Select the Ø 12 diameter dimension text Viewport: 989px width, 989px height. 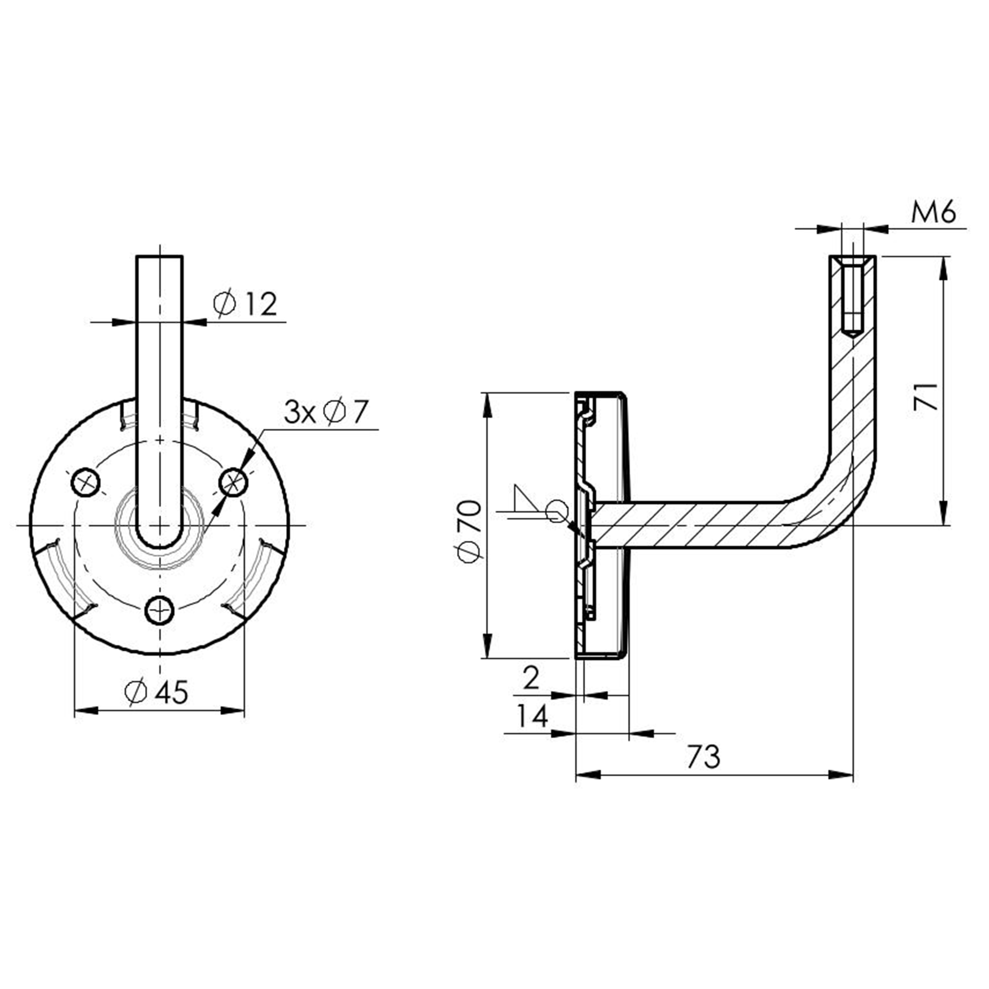[x=246, y=304]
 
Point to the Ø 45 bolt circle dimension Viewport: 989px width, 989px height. [x=157, y=692]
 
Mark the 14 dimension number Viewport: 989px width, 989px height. [x=532, y=716]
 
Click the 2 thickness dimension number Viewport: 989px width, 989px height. [x=531, y=678]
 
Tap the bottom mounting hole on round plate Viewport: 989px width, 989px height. [x=160, y=611]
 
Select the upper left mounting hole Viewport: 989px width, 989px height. [x=86, y=482]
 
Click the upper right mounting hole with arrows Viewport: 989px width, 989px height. [x=234, y=482]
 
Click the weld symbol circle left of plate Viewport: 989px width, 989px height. [x=557, y=511]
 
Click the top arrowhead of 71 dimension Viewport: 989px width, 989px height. [x=944, y=267]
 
